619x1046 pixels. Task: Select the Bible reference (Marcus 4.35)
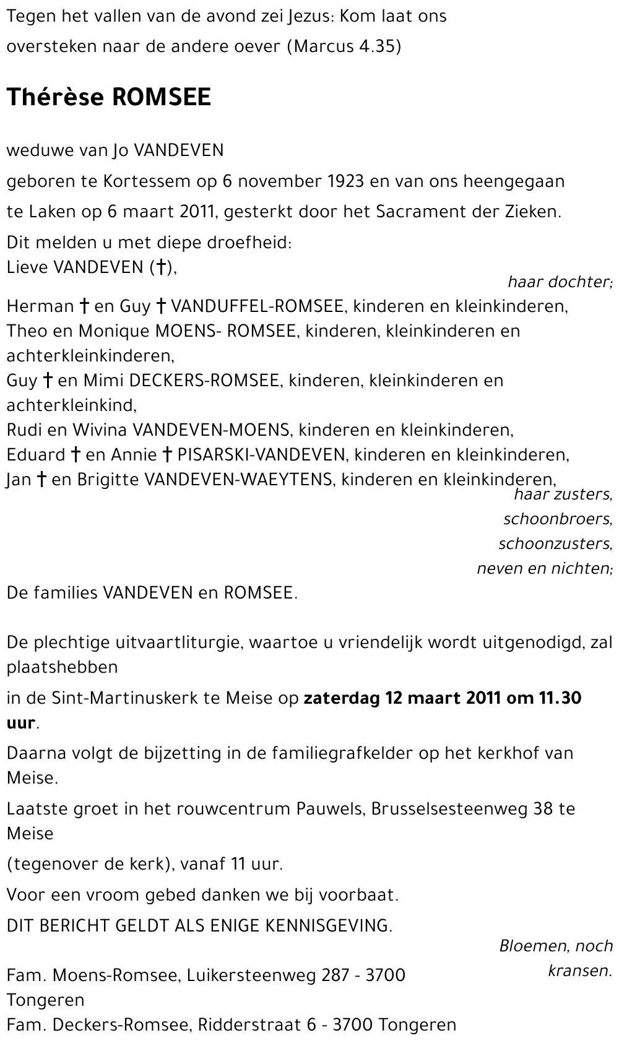[x=344, y=46]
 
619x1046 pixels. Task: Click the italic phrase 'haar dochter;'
[x=560, y=282]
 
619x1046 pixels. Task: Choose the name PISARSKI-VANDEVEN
[x=261, y=455]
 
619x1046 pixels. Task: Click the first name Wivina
[x=100, y=430]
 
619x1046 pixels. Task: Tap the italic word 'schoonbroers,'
[x=558, y=519]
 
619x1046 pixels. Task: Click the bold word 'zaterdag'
[x=341, y=698]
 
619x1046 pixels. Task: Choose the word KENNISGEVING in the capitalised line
[x=329, y=926]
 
